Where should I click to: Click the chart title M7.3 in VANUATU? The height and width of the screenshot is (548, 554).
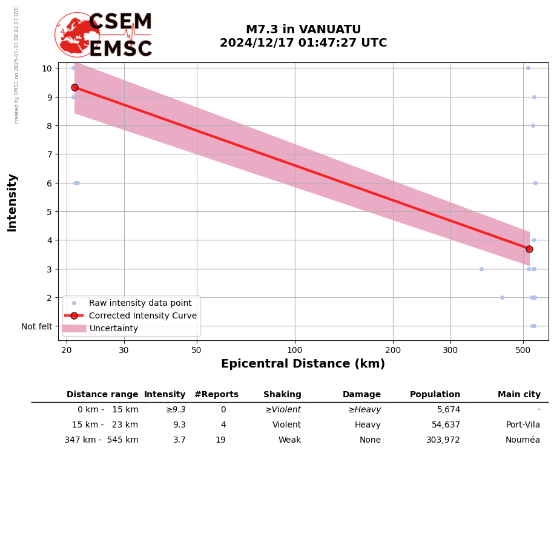tap(303, 30)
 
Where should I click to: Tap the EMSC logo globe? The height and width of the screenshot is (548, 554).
tap(77, 35)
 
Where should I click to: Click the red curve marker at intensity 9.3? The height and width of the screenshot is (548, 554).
tap(74, 87)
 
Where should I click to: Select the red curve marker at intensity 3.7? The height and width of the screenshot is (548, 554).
tap(529, 249)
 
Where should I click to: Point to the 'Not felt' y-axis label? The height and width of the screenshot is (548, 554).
tap(37, 326)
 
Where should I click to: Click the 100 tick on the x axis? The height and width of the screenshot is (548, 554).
tap(295, 350)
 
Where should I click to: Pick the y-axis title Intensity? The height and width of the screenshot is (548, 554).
tap(12, 202)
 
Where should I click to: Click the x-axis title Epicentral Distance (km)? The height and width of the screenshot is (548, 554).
tap(303, 364)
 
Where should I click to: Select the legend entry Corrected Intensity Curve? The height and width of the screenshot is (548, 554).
tap(142, 315)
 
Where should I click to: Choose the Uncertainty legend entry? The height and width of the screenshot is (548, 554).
tap(114, 328)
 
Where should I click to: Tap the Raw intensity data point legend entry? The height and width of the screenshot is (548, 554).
tap(140, 303)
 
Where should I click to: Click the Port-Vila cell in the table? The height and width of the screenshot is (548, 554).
tap(523, 425)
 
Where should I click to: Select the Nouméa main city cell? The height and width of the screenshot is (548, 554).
tap(523, 440)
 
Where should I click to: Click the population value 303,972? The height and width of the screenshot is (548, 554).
tap(443, 440)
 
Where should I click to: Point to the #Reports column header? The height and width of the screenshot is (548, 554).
tap(216, 395)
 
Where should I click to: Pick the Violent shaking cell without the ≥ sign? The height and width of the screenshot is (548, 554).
tap(286, 425)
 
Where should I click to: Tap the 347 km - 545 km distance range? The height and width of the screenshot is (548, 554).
tap(101, 440)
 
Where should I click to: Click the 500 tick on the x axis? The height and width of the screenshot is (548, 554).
tap(523, 350)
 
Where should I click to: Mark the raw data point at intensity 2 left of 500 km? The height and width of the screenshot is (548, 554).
tap(502, 297)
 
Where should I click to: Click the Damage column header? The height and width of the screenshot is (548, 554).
tap(361, 395)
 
